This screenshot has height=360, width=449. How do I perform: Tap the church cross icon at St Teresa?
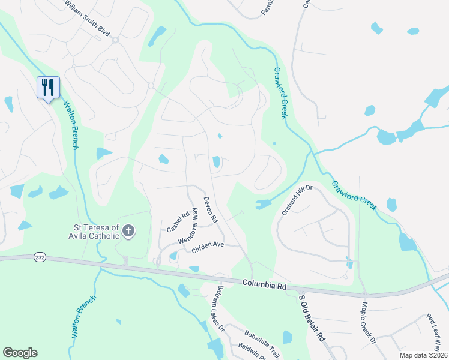128,230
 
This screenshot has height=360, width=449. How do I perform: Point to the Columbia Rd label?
264,284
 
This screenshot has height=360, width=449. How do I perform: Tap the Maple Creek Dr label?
367,322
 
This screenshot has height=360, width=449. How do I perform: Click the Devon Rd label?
209,211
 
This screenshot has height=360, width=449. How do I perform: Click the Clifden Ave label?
207,247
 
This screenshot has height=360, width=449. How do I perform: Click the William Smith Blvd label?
88,8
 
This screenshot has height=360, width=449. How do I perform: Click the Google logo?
20,353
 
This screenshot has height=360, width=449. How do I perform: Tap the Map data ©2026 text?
423,355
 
